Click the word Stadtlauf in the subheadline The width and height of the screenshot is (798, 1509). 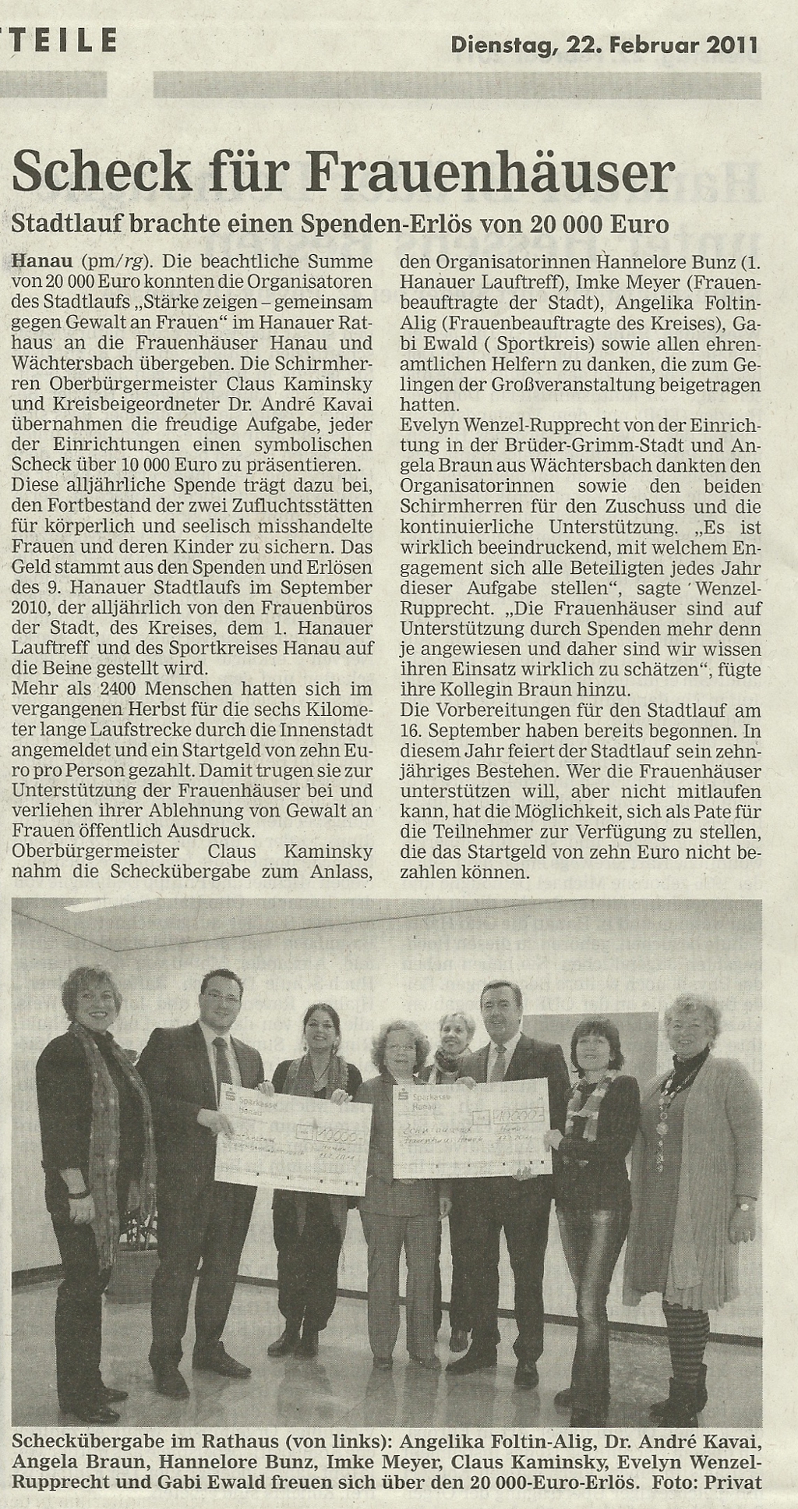pos(62,225)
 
